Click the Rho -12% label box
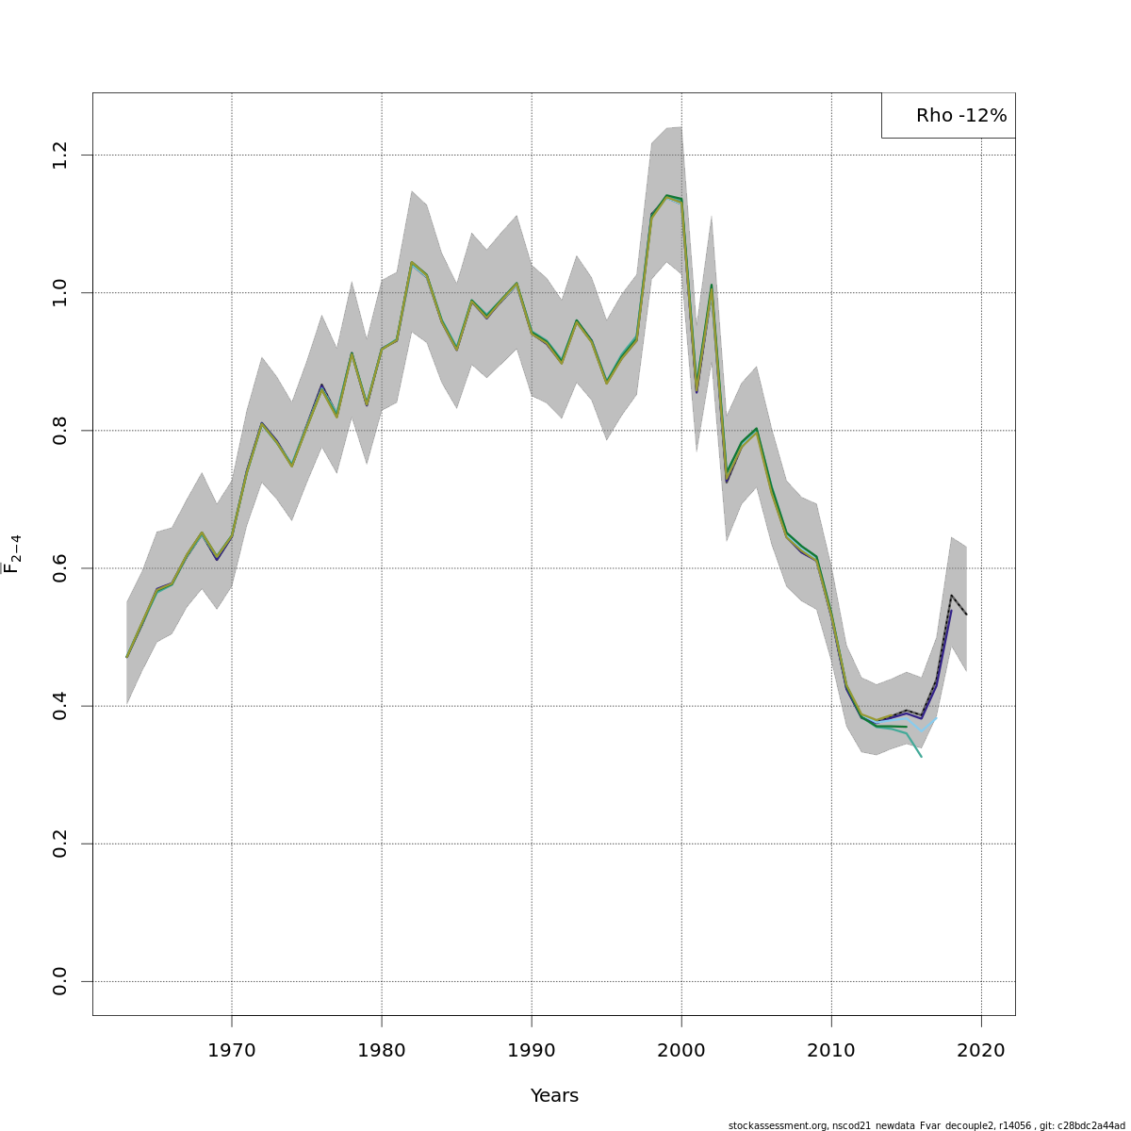[x=949, y=116]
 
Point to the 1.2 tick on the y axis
[x=60, y=155]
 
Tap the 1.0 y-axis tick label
[x=60, y=292]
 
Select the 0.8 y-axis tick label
[x=60, y=431]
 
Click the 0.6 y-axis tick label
[x=60, y=568]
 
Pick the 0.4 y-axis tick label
[x=60, y=706]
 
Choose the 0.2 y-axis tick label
[x=60, y=844]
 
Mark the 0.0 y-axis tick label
[x=60, y=981]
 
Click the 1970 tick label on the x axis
[x=232, y=1049]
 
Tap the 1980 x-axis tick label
[x=382, y=1049]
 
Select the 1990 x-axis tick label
[x=532, y=1049]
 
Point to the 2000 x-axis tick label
[x=681, y=1049]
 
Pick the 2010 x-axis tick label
[x=831, y=1049]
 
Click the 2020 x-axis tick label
[x=981, y=1049]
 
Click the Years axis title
[x=554, y=1095]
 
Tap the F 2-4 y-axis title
[x=12, y=554]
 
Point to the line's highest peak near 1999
[x=666, y=196]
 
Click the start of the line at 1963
[x=127, y=657]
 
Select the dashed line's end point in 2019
[x=966, y=615]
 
